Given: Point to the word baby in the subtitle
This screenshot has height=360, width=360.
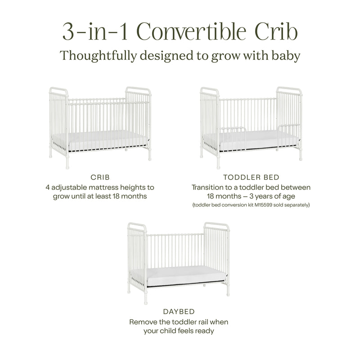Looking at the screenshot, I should pos(282,56).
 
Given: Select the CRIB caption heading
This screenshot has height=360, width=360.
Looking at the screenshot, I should pos(100,177).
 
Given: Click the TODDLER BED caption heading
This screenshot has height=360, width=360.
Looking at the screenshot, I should pos(251,177).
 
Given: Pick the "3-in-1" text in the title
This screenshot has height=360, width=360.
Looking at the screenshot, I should pos(90,32).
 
